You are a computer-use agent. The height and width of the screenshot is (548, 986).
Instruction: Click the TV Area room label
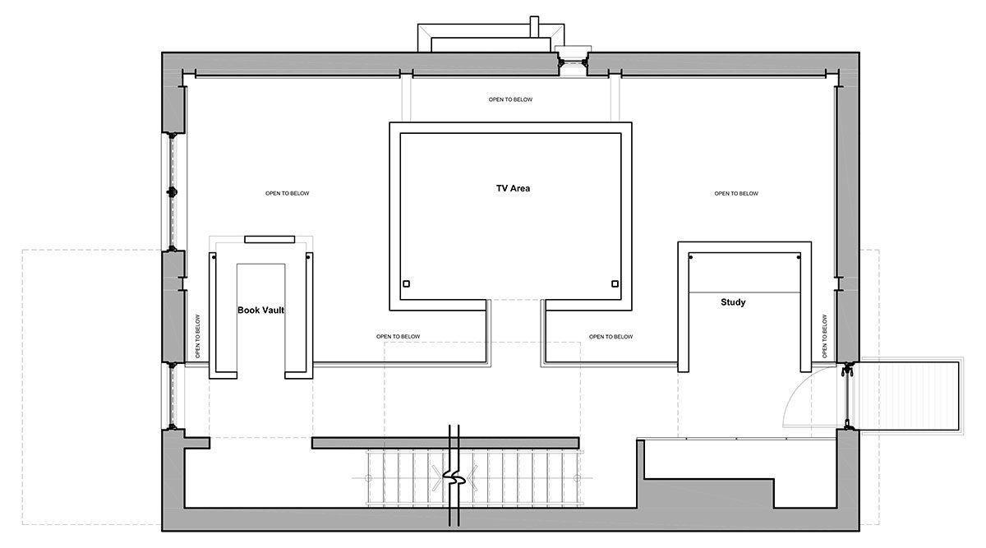[x=513, y=188]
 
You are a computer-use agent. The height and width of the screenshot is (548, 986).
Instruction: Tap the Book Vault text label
[x=260, y=311]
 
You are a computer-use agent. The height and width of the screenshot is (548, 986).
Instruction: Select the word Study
[x=733, y=302]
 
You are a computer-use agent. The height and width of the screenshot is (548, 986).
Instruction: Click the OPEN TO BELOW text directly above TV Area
[x=510, y=99]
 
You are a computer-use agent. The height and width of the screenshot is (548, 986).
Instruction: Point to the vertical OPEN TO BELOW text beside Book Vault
[x=198, y=336]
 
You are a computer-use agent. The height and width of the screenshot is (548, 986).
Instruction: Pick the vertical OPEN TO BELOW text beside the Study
[x=823, y=335]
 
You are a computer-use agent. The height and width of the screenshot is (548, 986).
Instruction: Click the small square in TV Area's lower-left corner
[x=405, y=284]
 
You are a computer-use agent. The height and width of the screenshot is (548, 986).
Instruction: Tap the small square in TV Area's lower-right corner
[x=615, y=284]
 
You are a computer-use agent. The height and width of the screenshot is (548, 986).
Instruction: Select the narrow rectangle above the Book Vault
[x=270, y=239]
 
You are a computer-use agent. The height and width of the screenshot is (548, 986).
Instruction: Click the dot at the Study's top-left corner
[x=691, y=257]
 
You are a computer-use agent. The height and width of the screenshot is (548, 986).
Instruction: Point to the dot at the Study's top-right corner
[x=797, y=257]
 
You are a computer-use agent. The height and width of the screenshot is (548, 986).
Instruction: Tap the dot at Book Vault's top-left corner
[x=214, y=256]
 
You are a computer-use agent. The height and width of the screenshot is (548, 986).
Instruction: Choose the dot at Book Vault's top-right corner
[x=308, y=256]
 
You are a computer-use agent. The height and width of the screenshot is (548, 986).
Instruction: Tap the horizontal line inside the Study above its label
[x=744, y=292]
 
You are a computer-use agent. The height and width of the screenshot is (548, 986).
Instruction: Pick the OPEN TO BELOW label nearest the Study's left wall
[x=611, y=336]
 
